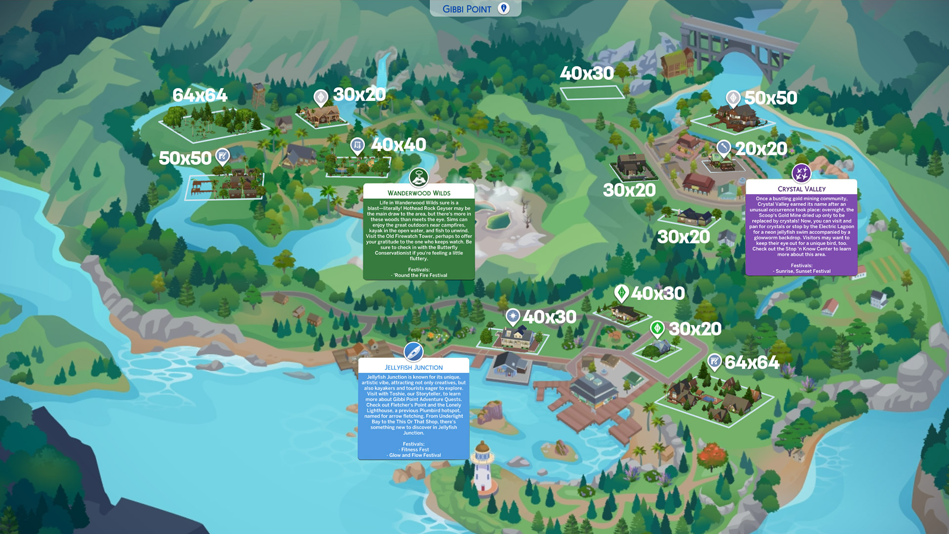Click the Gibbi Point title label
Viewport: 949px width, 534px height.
(467, 9)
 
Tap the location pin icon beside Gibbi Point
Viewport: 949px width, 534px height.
(504, 8)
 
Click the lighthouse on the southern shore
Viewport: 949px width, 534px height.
(482, 467)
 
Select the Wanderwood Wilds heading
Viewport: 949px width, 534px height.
(419, 193)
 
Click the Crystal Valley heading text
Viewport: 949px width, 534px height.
(801, 189)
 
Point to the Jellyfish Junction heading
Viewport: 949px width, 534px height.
(414, 367)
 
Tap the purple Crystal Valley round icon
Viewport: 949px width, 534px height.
(801, 174)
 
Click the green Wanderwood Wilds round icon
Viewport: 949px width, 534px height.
(419, 177)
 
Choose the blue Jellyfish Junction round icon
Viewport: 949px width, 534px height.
(413, 352)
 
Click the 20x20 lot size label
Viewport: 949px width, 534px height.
(761, 149)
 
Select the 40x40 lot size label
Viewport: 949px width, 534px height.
(398, 145)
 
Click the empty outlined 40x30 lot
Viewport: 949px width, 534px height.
(592, 92)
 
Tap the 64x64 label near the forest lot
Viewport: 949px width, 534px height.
(200, 95)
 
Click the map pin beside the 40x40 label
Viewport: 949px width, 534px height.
(357, 145)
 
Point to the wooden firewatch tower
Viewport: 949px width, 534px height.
(258, 94)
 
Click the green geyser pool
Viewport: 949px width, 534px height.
(499, 221)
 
